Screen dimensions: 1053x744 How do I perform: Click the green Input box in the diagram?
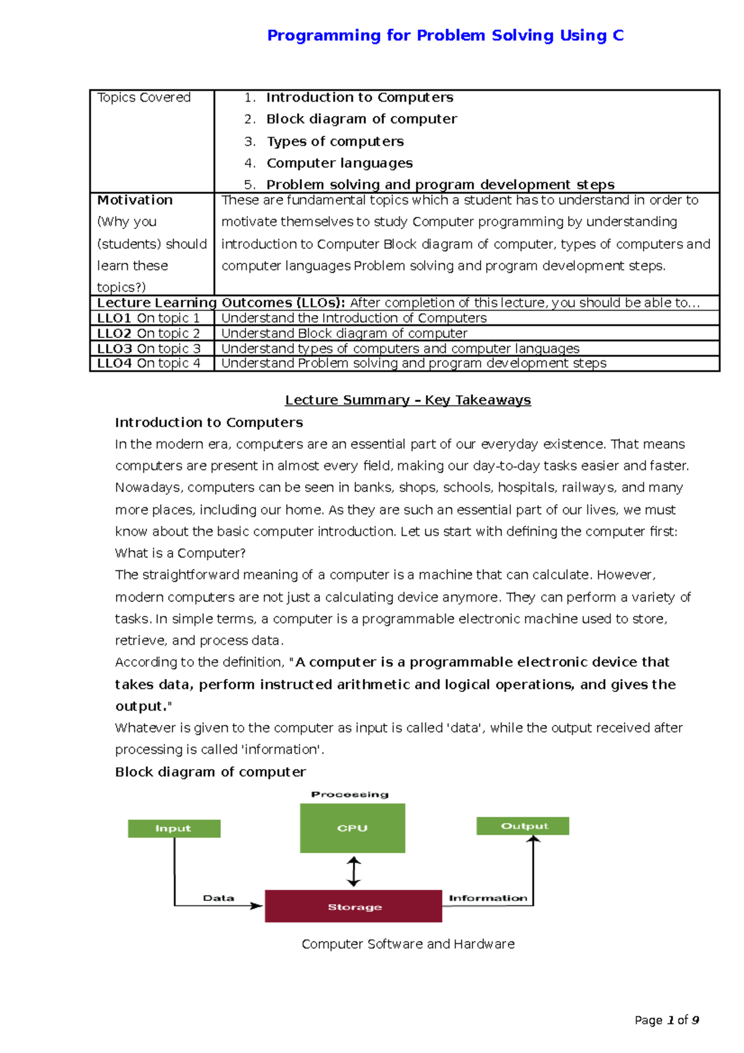click(174, 829)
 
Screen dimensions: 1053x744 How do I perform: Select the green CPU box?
click(352, 829)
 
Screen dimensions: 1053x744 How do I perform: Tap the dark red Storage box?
click(353, 907)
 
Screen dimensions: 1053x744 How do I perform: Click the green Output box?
click(523, 826)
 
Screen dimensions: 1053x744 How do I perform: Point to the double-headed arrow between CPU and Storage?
click(353, 871)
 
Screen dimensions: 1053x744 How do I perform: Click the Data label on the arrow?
click(218, 898)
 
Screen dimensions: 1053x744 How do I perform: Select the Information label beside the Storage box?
click(488, 898)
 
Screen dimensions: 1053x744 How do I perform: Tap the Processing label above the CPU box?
click(350, 794)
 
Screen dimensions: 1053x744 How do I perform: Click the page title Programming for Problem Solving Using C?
click(445, 35)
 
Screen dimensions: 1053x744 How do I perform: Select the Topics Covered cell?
click(144, 97)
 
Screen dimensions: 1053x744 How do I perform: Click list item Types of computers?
click(335, 141)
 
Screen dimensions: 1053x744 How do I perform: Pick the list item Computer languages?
click(339, 163)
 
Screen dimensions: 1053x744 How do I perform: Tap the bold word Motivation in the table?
click(135, 200)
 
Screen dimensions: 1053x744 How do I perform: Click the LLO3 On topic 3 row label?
click(149, 349)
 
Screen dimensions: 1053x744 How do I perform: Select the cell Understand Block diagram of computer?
click(344, 333)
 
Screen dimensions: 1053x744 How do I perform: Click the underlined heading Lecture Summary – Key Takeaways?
click(407, 400)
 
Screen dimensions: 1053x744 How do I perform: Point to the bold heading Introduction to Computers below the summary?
click(208, 422)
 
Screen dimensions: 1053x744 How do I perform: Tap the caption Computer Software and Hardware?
click(407, 944)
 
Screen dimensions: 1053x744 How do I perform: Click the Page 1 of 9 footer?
click(666, 1020)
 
